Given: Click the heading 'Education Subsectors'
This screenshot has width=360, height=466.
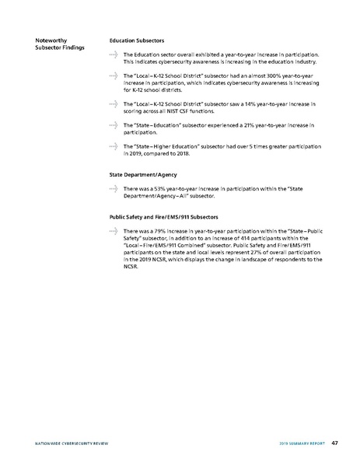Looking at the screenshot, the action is coord(138,40).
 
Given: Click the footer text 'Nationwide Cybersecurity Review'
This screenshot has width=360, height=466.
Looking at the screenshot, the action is coord(61,443).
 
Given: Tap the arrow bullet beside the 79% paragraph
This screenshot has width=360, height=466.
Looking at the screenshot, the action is coord(114,232).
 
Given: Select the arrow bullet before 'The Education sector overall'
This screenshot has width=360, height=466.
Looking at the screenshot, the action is coord(114,54).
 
